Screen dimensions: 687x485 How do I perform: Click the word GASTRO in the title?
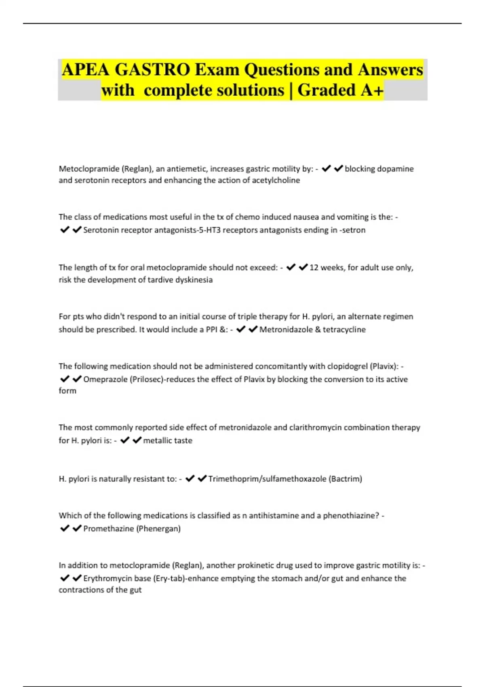click(152, 70)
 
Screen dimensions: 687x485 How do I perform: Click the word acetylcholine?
click(276, 180)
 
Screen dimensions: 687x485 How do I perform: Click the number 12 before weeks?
click(314, 268)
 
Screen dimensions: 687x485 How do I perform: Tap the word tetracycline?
click(344, 329)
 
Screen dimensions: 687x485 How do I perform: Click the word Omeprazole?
click(105, 379)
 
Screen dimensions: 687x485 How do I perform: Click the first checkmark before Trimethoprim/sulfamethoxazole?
click(190, 478)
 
